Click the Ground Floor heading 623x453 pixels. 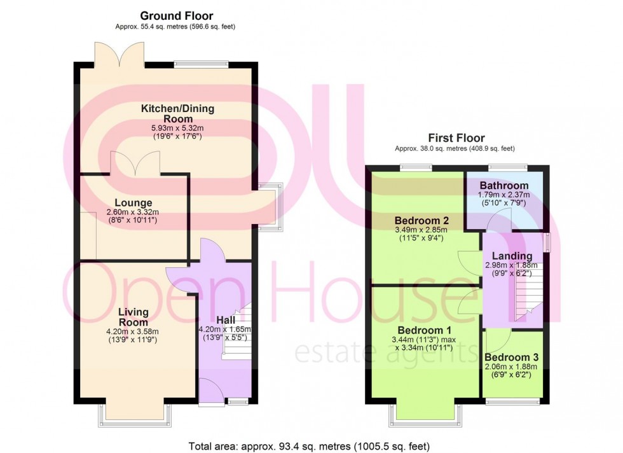click(177, 15)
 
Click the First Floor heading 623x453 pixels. click(457, 138)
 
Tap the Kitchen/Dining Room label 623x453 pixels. click(177, 114)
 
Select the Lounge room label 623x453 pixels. click(130, 204)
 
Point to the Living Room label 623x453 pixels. click(133, 317)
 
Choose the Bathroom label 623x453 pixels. click(504, 186)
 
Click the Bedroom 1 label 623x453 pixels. click(424, 331)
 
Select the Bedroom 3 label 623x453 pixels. click(512, 358)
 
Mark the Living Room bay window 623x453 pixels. click(134, 415)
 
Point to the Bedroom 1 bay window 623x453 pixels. click(426, 415)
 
